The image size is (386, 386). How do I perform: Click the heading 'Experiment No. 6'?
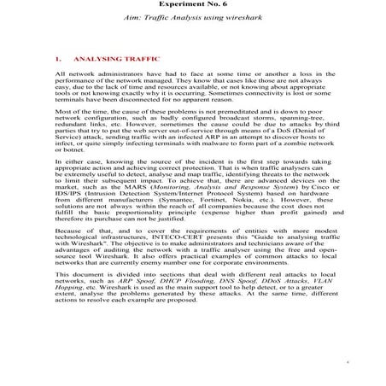point(192,4)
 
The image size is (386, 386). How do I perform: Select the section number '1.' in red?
point(58,61)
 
